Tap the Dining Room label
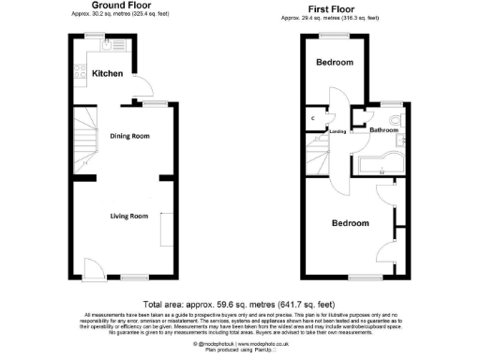(130, 137)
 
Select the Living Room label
(129, 217)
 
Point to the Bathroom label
(383, 130)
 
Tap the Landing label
(339, 132)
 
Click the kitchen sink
(110, 42)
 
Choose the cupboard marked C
(312, 119)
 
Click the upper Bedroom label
(334, 63)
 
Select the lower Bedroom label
(349, 224)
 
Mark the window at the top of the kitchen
(95, 36)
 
